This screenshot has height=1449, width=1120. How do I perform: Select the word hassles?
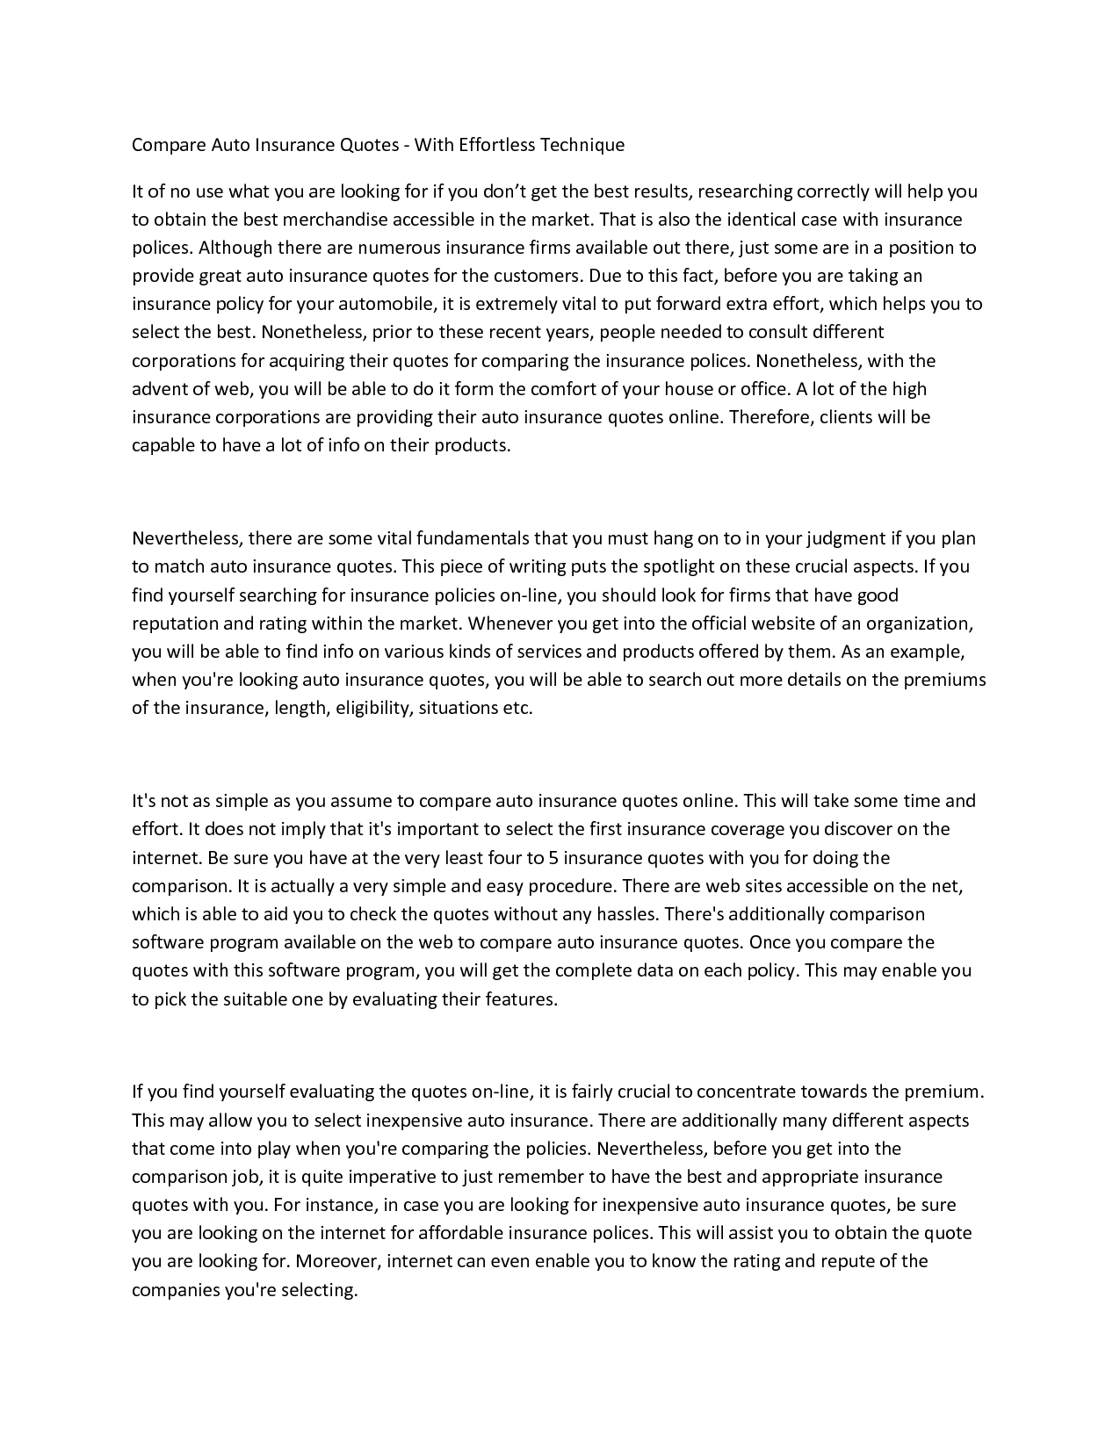tap(626, 914)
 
